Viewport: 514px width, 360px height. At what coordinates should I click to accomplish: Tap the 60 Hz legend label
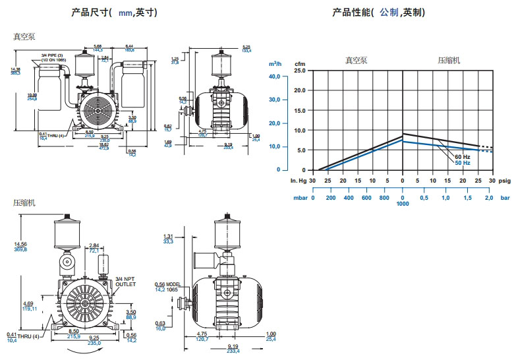[462, 156]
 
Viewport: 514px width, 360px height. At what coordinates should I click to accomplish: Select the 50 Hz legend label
[462, 163]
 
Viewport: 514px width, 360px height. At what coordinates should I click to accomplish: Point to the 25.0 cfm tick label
[300, 70]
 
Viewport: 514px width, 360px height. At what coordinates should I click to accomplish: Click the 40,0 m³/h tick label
[274, 76]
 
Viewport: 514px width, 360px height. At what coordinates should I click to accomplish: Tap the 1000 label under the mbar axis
[403, 204]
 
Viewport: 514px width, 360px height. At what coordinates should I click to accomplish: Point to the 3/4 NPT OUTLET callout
[125, 282]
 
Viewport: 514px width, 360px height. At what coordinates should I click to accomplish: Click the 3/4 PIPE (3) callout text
[52, 54]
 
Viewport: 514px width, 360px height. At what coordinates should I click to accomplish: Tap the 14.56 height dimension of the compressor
[22, 245]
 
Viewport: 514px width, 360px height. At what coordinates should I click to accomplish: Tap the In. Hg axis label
[299, 180]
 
